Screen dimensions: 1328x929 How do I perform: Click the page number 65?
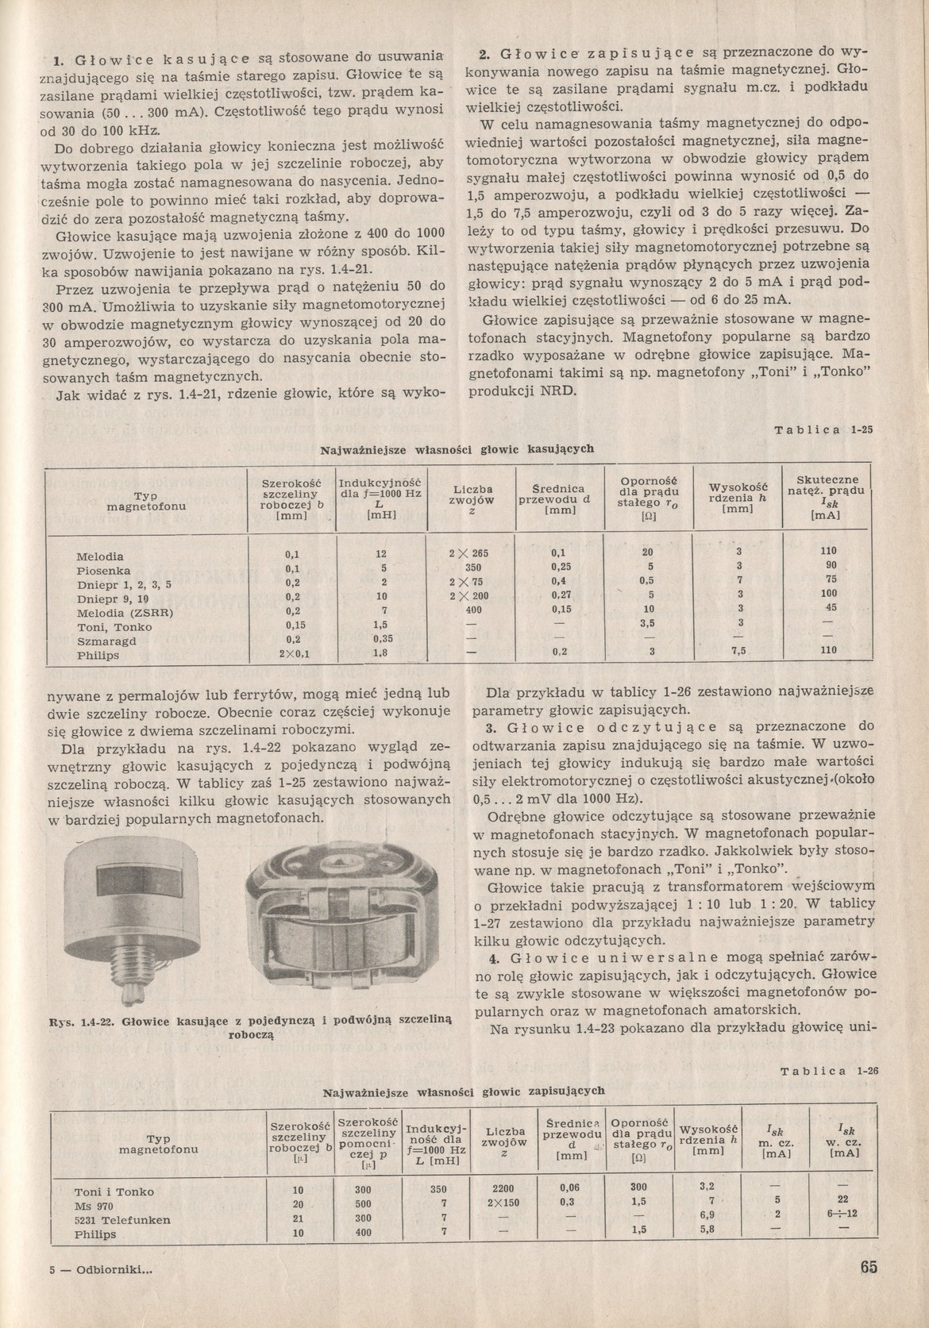pos(868,1267)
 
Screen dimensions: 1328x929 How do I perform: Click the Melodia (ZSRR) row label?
pos(125,613)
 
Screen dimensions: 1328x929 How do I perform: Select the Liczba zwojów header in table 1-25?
pos(472,501)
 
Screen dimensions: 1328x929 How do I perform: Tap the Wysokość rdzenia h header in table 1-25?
pos(738,498)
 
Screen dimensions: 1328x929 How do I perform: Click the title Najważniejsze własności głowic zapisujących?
pos(464,1091)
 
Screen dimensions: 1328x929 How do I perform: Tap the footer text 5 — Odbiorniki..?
pos(100,1268)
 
